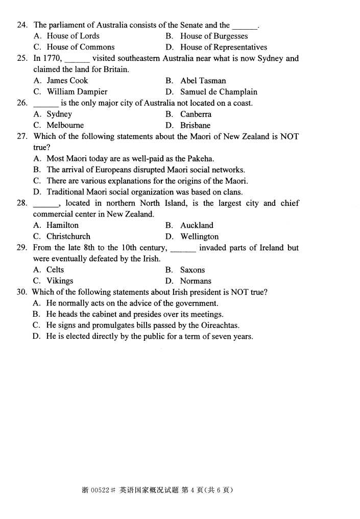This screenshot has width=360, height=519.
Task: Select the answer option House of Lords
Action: click(73, 36)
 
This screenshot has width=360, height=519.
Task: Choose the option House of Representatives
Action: click(223, 47)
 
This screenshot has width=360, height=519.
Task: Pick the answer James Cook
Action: click(67, 81)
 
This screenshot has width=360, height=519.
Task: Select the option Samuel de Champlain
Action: click(219, 92)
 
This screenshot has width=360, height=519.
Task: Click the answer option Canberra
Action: click(195, 114)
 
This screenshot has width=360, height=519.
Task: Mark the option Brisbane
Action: click(195, 125)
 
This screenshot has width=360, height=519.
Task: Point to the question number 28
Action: click(21, 203)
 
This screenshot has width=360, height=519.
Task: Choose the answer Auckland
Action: click(197, 225)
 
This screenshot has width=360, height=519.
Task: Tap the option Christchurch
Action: click(68, 237)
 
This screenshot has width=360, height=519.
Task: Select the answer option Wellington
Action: click(199, 237)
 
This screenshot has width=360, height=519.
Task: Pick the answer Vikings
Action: click(60, 281)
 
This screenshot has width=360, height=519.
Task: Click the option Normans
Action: click(196, 281)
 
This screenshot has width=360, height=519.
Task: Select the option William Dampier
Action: click(77, 92)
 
